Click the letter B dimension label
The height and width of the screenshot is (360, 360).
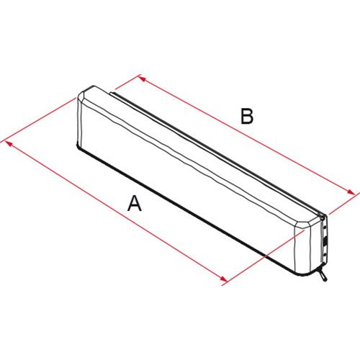click(247, 117)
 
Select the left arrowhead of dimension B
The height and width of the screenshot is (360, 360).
click(141, 77)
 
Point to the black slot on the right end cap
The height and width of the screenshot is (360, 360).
click(325, 242)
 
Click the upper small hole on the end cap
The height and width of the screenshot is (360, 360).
click(326, 230)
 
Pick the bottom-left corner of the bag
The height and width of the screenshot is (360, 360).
click(78, 148)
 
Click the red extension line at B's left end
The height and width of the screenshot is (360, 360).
click(126, 86)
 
